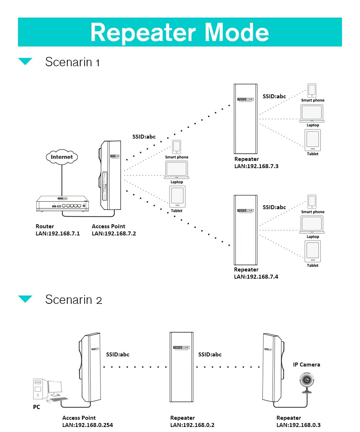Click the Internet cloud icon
click(62, 157)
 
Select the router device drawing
click(62, 204)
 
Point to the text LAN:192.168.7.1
click(58, 234)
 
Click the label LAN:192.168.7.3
click(256, 166)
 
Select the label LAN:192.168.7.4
click(256, 277)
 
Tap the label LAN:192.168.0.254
click(87, 425)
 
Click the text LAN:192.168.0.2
click(192, 425)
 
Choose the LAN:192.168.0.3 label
click(298, 425)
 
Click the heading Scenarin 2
click(74, 300)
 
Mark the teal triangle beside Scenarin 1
click(25, 62)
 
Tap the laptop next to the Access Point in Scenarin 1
click(176, 170)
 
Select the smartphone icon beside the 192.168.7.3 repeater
click(312, 90)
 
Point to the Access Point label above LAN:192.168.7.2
click(108, 226)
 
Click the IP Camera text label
click(306, 365)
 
